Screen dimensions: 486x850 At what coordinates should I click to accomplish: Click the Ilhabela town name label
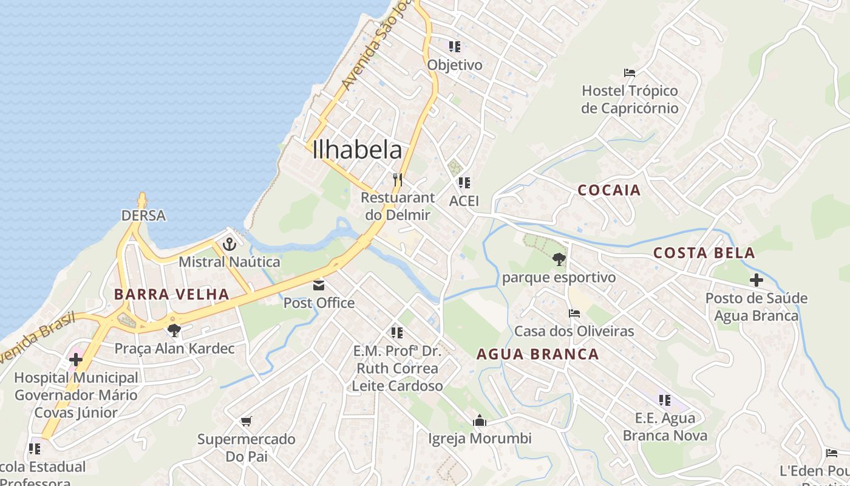(357, 150)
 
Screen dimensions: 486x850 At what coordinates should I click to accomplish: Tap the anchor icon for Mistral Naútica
(229, 244)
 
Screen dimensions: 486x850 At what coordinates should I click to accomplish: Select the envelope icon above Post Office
(319, 285)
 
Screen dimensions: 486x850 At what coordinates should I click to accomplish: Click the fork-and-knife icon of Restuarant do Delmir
(398, 179)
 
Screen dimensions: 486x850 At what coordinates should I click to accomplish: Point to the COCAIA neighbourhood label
(609, 190)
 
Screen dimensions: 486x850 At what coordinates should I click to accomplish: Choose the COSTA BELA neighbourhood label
(704, 253)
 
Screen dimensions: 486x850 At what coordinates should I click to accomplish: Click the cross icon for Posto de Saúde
(756, 280)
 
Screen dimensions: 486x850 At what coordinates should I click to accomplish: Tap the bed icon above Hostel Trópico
(630, 73)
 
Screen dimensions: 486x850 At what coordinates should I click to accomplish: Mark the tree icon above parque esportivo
(559, 259)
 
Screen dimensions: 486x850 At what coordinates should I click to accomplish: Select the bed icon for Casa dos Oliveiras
(574, 313)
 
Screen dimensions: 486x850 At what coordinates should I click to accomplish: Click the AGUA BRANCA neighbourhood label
(538, 354)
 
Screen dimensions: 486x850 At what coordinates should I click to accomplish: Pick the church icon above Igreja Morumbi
(480, 420)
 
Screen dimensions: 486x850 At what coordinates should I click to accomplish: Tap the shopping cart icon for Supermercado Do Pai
(246, 421)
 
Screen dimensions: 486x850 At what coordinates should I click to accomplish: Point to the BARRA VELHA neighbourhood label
(172, 295)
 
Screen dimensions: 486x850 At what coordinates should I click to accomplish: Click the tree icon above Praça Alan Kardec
(174, 330)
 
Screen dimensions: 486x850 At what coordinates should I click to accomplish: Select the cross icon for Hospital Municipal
(76, 359)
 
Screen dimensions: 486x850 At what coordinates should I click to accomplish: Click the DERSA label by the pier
(143, 216)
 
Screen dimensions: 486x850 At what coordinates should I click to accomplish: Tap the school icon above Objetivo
(455, 46)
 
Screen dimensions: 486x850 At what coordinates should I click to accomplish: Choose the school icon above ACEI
(464, 182)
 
